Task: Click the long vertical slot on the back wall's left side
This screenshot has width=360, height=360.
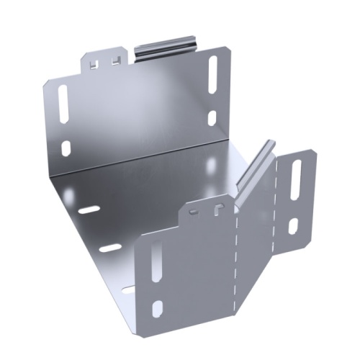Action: pyautogui.click(x=63, y=102)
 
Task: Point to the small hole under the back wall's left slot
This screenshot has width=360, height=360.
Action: pyautogui.click(x=66, y=148)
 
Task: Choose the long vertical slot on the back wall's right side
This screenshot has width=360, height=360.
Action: pyautogui.click(x=213, y=74)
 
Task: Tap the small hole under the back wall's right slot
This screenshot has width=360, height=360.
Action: pyautogui.click(x=212, y=116)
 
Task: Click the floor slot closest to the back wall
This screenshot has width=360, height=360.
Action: pyautogui.click(x=89, y=210)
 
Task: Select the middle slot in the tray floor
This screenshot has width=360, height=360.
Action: pyautogui.click(x=109, y=248)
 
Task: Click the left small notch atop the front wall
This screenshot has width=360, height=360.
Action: pyautogui.click(x=193, y=211)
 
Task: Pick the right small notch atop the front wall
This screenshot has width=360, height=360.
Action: pyautogui.click(x=216, y=209)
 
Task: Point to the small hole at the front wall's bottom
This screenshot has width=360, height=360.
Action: pyautogui.click(x=157, y=309)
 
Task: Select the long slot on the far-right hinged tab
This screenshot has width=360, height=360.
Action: pyautogui.click(x=297, y=181)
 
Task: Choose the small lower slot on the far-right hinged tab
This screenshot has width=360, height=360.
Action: pyautogui.click(x=293, y=226)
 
